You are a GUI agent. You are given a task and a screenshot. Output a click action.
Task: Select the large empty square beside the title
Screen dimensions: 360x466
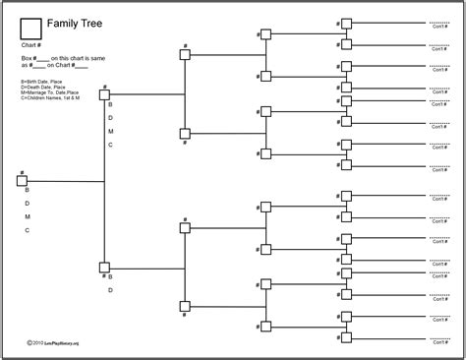tap(31, 28)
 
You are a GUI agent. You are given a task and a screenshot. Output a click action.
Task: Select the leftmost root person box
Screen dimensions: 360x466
tap(22, 180)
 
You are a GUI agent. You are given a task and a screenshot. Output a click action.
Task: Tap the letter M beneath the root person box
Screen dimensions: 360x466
tap(28, 216)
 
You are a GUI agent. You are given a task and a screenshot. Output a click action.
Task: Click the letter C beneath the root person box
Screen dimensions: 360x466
tap(28, 230)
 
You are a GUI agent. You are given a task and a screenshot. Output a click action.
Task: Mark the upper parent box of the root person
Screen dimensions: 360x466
tap(105, 94)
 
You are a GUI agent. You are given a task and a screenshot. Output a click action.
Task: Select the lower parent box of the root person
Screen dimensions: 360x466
tap(105, 267)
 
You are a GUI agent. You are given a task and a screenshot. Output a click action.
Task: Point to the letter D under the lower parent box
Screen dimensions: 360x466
tap(110, 290)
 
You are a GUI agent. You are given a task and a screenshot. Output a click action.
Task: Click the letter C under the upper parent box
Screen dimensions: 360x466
tap(110, 145)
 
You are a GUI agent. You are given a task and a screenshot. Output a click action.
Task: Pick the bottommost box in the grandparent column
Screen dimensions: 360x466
tap(185, 305)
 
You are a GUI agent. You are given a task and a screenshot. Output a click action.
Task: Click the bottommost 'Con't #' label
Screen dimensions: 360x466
tap(438, 344)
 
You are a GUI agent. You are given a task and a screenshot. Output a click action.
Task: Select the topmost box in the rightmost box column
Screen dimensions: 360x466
tap(345, 23)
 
